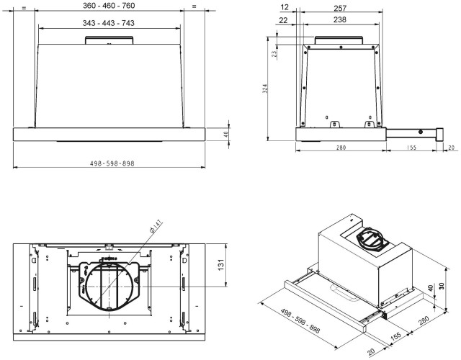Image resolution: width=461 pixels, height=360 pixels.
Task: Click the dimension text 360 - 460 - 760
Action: pyautogui.click(x=108, y=6)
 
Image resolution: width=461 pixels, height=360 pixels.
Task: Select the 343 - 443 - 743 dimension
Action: pyautogui.click(x=108, y=24)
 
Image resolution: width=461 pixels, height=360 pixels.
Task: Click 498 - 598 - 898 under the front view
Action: pyautogui.click(x=108, y=163)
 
